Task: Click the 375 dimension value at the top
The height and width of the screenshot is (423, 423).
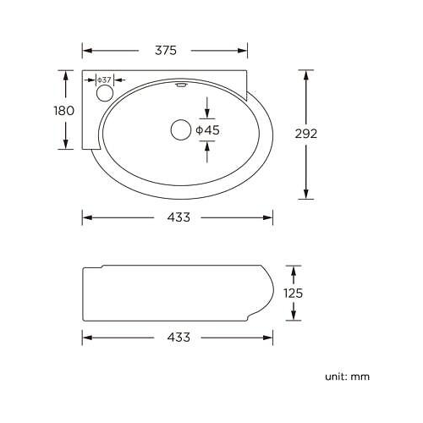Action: point(166,50)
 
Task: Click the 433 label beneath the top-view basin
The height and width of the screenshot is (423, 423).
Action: point(178,217)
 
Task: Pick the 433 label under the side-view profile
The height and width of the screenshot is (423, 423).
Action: point(178,337)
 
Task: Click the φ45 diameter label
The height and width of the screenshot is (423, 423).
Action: point(207,129)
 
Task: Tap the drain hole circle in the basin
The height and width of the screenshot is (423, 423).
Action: point(180,129)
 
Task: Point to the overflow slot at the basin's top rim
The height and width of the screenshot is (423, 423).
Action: point(180,84)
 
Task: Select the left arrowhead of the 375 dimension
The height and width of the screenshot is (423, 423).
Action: point(85,50)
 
